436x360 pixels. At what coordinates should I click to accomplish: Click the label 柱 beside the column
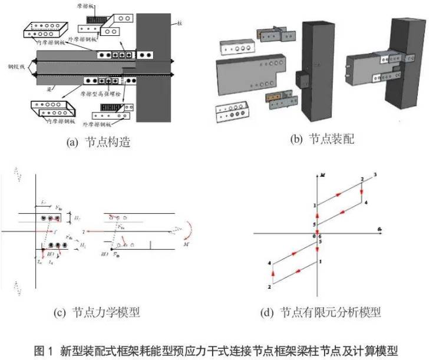point(178,25)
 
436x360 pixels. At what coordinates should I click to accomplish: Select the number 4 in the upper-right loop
point(366,203)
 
